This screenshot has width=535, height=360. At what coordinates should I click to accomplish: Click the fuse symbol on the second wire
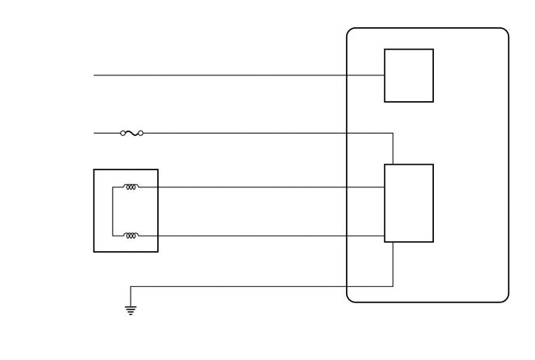click(131, 133)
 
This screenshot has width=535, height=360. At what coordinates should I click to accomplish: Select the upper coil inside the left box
click(131, 187)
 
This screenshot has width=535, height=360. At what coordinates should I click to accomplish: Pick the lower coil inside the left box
click(131, 235)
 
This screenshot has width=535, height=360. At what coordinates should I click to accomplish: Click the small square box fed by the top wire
click(408, 75)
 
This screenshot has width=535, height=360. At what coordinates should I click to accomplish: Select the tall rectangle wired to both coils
click(408, 203)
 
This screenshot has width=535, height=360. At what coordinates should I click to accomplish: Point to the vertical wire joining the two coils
click(113, 211)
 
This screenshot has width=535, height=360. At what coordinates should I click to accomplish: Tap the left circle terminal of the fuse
click(123, 133)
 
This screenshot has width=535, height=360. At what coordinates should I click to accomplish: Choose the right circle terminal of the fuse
click(141, 133)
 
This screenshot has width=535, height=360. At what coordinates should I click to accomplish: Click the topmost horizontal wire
click(233, 75)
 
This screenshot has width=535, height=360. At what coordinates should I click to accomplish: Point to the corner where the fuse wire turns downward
click(393, 133)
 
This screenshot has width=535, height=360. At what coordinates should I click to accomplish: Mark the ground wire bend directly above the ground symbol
click(131, 286)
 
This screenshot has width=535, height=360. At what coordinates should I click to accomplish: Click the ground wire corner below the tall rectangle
click(393, 286)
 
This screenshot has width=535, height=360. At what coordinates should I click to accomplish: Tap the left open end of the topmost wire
click(94, 75)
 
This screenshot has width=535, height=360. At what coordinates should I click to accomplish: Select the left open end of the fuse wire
click(94, 133)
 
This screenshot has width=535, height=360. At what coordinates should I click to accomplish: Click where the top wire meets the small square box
click(384, 75)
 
